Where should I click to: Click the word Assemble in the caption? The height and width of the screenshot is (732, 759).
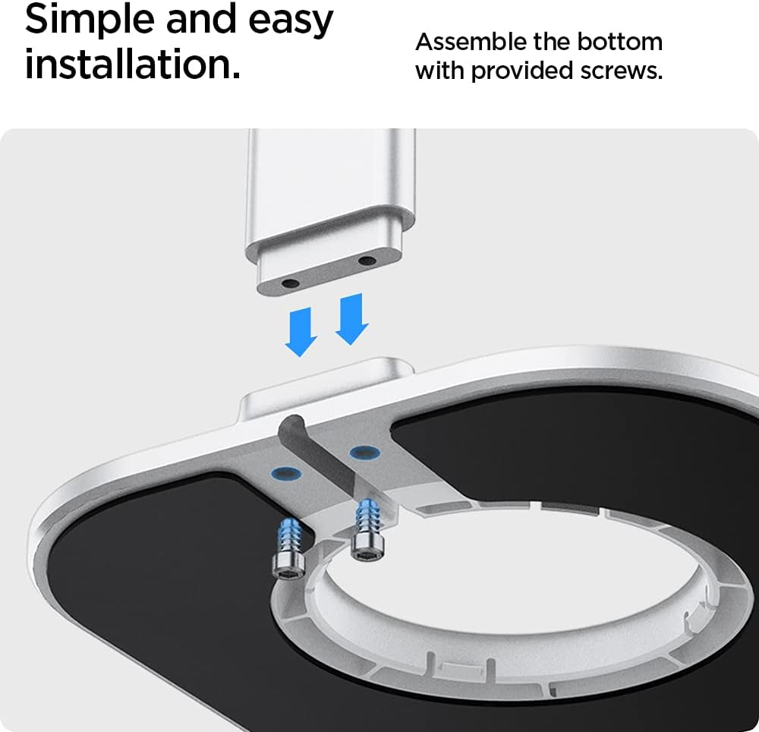tap(471, 42)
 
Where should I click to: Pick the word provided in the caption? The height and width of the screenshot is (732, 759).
tap(521, 71)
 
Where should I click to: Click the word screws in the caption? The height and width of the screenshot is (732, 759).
tap(621, 71)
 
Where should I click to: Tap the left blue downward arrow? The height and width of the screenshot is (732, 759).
tap(301, 333)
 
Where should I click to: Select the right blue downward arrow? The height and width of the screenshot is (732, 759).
tap(352, 319)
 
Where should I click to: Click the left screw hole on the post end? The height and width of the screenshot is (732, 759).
tap(291, 282)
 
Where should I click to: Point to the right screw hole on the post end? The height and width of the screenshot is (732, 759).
tap(367, 261)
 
